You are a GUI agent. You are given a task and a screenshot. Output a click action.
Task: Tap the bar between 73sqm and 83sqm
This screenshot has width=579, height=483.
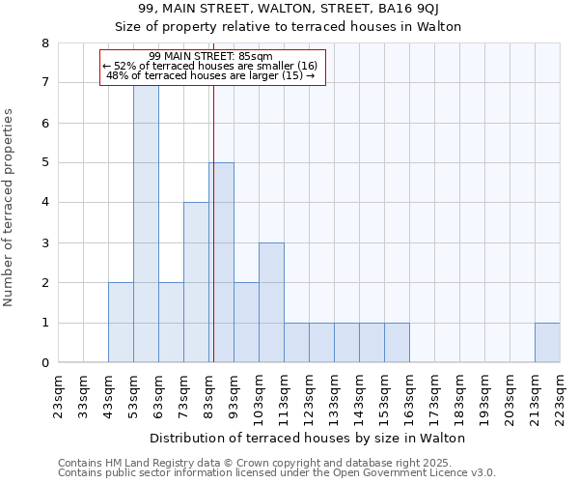pos(196,282)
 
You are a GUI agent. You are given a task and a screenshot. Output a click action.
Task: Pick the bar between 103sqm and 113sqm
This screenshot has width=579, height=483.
pos(271,302)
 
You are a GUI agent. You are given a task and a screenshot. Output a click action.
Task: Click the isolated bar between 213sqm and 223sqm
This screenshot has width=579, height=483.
pos(547,343)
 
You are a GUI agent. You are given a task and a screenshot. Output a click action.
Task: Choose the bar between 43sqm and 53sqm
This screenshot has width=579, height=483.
pos(121,323)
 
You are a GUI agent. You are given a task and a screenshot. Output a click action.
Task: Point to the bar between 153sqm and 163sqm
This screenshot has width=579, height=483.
pos(397,343)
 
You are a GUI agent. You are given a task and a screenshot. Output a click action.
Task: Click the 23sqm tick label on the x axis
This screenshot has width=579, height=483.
pos(59,393)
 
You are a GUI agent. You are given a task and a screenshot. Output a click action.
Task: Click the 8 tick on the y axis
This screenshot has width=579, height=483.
pos(44,43)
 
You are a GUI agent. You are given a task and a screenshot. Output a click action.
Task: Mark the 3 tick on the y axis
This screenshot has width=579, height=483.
pos(44,243)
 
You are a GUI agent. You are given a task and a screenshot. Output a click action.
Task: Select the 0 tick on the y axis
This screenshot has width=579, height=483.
pos(44,363)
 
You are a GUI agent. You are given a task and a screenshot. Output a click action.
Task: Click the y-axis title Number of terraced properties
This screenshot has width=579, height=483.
pos(11,208)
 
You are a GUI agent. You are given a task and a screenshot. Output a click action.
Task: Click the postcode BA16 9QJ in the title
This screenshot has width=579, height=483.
pos(412,10)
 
